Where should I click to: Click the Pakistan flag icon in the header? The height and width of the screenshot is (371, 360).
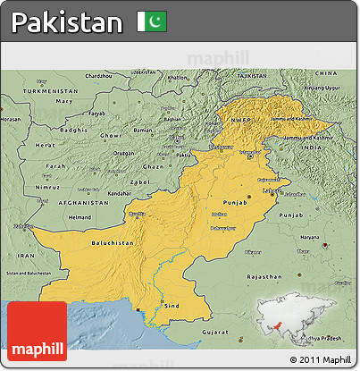(x=152, y=21)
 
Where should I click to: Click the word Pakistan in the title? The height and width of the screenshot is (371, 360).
(x=67, y=22)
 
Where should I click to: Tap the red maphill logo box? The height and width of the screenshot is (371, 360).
(x=37, y=331)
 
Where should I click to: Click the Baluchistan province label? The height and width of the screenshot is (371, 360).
(x=113, y=243)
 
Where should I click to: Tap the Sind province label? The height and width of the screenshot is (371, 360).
(x=172, y=305)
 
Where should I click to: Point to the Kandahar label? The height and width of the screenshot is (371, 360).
(x=120, y=192)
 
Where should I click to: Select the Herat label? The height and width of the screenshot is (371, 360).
(x=44, y=144)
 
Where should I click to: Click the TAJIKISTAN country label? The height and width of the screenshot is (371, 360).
(x=253, y=77)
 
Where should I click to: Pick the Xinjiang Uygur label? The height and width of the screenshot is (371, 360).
(x=322, y=89)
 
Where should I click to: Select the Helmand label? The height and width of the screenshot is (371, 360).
(x=80, y=217)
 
